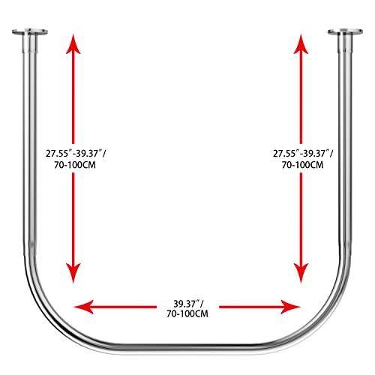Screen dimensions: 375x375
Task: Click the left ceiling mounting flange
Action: [30, 32]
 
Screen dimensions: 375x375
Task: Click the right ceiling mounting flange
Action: [345, 32]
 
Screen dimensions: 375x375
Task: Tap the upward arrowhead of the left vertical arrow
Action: [73, 44]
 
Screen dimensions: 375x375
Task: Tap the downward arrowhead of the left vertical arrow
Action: [73, 273]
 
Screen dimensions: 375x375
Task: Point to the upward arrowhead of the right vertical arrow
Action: [301, 44]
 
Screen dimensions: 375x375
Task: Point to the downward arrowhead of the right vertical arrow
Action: [301, 273]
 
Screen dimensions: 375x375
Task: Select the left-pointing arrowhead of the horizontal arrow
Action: [84, 307]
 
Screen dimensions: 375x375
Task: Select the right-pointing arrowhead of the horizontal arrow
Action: [290, 307]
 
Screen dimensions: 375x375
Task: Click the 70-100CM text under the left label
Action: [75, 165]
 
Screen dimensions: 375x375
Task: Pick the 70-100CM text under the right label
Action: [303, 165]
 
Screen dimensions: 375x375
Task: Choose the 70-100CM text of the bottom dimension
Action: [187, 313]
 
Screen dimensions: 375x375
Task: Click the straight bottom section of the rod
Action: [187, 348]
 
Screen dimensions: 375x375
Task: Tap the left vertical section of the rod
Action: [29, 150]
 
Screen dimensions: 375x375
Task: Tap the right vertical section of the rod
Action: [346, 150]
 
